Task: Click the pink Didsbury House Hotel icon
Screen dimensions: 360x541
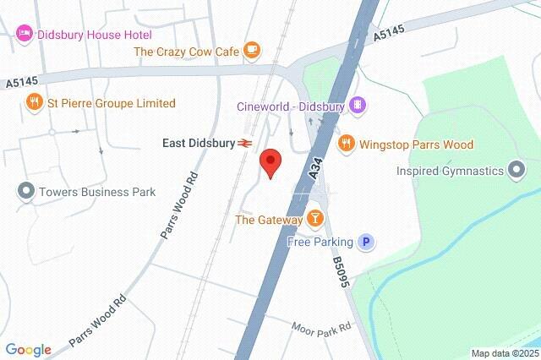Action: pyautogui.click(x=25, y=34)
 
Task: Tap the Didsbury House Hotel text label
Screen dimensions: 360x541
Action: pyautogui.click(x=94, y=35)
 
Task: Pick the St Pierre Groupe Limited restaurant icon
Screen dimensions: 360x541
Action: pyautogui.click(x=34, y=103)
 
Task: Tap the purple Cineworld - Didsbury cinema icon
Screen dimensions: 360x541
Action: pyautogui.click(x=358, y=105)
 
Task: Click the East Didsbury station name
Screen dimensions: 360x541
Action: pyautogui.click(x=199, y=144)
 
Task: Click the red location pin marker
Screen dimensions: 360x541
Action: pyautogui.click(x=270, y=162)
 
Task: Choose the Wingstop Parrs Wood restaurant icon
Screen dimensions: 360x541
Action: pyautogui.click(x=345, y=145)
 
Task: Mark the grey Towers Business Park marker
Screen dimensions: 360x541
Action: pyautogui.click(x=25, y=192)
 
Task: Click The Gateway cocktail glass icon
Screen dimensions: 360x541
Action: pyautogui.click(x=315, y=220)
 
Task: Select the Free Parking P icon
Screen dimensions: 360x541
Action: pyautogui.click(x=366, y=243)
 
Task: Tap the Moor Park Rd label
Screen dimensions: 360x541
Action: pyautogui.click(x=321, y=326)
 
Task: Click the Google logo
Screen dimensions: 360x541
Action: pyautogui.click(x=28, y=350)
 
